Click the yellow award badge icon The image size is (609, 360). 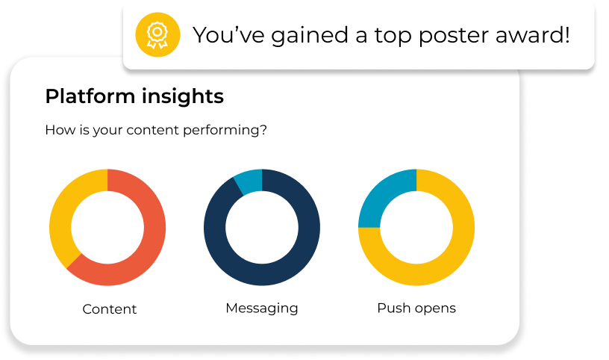point(157,35)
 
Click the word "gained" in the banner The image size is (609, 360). point(310,37)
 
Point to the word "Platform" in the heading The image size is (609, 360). point(90,96)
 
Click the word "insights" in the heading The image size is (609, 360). point(183,96)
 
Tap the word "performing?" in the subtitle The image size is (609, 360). point(225,130)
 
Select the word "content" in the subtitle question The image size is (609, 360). point(153,130)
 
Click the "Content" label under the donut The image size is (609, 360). point(110,309)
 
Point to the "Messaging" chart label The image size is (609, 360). point(262,308)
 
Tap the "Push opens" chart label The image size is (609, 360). point(416,308)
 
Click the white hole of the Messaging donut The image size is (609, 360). point(262,228)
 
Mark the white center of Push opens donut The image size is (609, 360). point(416,228)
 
